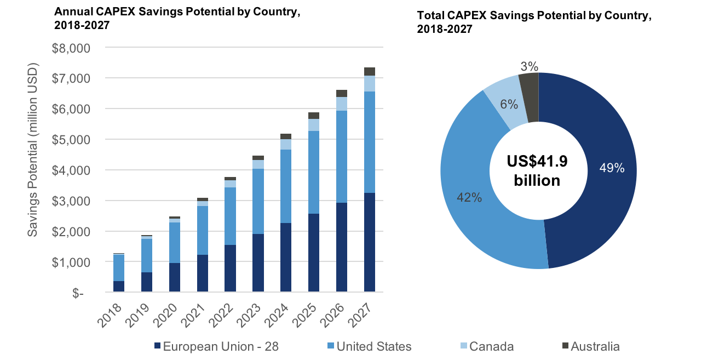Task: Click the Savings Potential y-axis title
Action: [33, 151]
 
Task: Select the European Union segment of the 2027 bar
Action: [370, 242]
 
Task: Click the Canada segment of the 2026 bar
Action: [342, 104]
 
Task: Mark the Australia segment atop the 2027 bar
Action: [370, 71]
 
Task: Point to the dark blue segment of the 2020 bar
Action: [175, 277]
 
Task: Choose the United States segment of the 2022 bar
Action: [231, 216]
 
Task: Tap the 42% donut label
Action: [469, 198]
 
